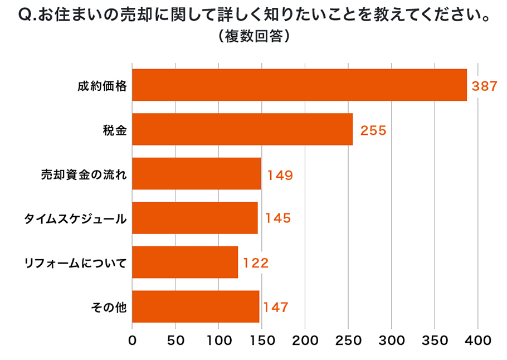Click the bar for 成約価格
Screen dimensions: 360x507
(299, 85)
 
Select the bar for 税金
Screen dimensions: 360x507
(242, 129)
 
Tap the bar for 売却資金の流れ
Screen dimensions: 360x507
(196, 174)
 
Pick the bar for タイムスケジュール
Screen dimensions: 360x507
(195, 218)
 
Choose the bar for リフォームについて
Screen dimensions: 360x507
(185, 262)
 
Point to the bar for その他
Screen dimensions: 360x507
(196, 307)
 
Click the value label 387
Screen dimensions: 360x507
(484, 86)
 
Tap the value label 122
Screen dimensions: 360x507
(256, 263)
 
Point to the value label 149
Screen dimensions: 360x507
(280, 174)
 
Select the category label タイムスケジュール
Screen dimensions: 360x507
(75, 218)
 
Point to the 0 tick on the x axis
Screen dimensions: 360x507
(132, 340)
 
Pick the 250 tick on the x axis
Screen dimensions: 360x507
(348, 340)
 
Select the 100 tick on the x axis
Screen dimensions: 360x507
(218, 340)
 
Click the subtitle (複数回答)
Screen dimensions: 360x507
(253, 36)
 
